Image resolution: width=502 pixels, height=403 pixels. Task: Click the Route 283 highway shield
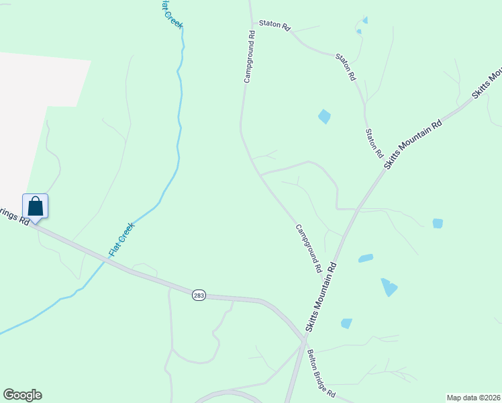pyautogui.click(x=199, y=295)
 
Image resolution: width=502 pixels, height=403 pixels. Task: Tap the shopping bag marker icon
pyautogui.click(x=36, y=206)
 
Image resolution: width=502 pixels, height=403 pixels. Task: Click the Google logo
pyautogui.click(x=22, y=395)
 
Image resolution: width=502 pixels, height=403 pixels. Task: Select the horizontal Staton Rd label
pyautogui.click(x=277, y=28)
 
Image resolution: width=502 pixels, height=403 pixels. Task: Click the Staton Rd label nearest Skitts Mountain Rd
pyautogui.click(x=373, y=143)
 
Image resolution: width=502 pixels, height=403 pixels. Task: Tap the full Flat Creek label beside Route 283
pyautogui.click(x=122, y=239)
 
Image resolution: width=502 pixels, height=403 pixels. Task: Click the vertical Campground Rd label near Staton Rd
pyautogui.click(x=248, y=56)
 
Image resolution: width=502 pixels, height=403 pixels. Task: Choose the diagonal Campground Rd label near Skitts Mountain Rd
pyautogui.click(x=309, y=248)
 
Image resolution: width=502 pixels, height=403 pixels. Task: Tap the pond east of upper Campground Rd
pyautogui.click(x=324, y=116)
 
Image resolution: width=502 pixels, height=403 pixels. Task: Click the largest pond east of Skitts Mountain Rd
pyautogui.click(x=389, y=287)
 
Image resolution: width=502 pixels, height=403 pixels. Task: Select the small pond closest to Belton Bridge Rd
pyautogui.click(x=346, y=324)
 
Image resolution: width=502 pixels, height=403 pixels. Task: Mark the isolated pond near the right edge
pyautogui.click(x=438, y=223)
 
